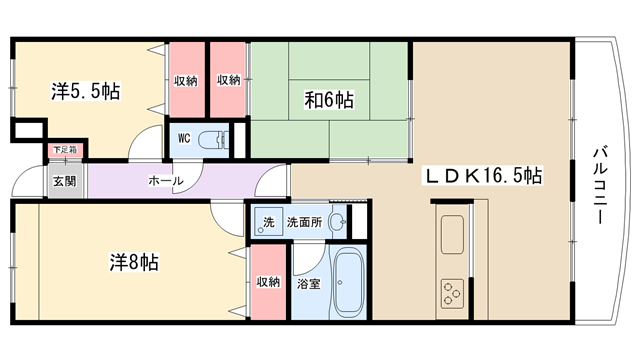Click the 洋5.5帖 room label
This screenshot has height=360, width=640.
click(86, 91)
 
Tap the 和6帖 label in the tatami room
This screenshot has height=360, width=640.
click(329, 100)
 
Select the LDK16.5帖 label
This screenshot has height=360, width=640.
click(484, 176)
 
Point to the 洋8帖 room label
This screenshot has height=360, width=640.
click(134, 262)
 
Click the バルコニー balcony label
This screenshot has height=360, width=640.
click(599, 186)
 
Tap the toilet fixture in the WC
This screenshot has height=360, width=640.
click(213, 140)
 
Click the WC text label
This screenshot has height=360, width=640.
click(184, 138)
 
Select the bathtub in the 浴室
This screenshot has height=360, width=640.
click(348, 282)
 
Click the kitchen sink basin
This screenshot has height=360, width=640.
click(452, 234)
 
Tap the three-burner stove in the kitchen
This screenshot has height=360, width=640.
click(452, 293)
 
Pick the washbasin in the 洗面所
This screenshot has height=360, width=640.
click(338, 222)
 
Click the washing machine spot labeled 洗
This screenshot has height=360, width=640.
click(267, 222)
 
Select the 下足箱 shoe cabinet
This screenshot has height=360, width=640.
click(65, 150)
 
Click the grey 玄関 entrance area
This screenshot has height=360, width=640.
click(65, 181)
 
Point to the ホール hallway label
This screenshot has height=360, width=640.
click(166, 180)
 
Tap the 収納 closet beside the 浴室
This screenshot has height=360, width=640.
click(268, 282)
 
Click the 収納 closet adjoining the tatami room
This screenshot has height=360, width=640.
click(228, 80)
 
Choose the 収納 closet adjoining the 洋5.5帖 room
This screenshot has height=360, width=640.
click(186, 80)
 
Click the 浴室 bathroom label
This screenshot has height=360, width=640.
click(309, 284)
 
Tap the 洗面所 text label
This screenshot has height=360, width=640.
click(304, 222)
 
